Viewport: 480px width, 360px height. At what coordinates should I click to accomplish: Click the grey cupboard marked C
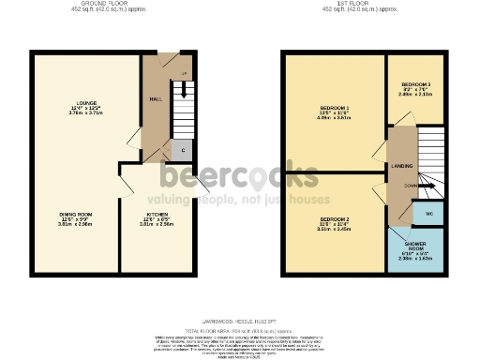point(181,150)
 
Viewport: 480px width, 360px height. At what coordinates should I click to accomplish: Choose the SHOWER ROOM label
point(415,246)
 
